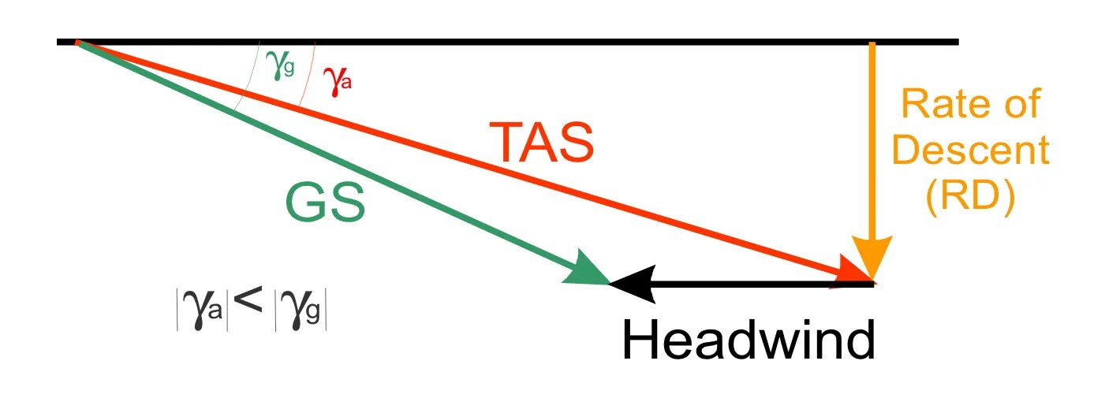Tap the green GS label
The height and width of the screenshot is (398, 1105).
tap(325, 203)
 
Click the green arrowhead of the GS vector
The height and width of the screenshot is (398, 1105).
tap(590, 270)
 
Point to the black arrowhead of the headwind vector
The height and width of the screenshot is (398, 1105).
tap(631, 283)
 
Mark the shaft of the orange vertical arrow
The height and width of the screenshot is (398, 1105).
tap(872, 142)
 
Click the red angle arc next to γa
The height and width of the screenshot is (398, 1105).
tap(308, 75)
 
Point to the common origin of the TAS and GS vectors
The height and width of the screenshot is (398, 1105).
tap(77, 42)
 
